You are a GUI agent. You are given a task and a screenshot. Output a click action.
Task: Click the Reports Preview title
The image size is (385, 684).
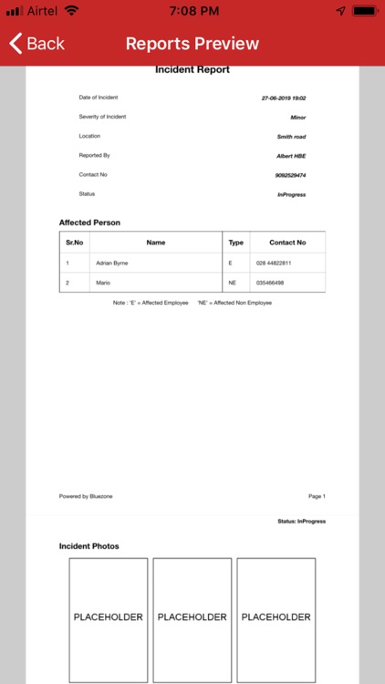pos(192,44)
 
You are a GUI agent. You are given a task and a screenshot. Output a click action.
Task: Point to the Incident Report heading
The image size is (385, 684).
pos(192,70)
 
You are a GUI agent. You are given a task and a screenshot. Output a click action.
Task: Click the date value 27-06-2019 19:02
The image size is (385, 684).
pos(283,98)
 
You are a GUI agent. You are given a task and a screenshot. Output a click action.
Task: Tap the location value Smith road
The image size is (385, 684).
pos(291,137)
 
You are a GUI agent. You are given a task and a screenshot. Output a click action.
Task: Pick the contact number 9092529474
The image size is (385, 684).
pos(290,175)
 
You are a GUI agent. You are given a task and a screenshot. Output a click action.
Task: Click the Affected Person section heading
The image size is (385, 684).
pos(89,223)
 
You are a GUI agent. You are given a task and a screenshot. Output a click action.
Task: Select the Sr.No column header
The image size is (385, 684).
pos(74,243)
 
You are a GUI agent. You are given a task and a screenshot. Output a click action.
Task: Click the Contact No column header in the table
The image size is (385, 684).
pos(287,243)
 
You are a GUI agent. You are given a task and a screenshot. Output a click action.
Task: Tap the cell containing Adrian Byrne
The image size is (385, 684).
pos(112,263)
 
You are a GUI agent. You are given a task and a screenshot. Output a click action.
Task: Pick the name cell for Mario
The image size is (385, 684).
pos(103,283)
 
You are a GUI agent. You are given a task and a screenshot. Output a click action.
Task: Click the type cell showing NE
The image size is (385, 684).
pos(234,283)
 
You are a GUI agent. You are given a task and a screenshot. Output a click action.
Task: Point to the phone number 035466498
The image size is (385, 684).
pos(271,283)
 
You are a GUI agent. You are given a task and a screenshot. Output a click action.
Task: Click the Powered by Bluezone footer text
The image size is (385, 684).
pos(87,496)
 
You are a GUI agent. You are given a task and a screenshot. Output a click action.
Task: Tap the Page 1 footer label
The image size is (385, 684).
pos(317,496)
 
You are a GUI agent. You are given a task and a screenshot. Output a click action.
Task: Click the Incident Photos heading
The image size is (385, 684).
pos(89,546)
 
